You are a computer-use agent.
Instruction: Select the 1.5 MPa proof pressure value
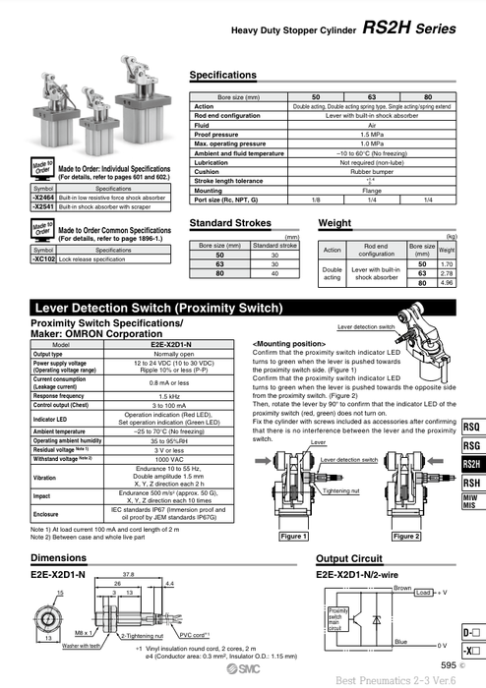371,135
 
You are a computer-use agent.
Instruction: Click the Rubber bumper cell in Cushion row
371,171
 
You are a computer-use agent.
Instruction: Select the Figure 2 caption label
405,537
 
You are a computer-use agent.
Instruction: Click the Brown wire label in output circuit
401,587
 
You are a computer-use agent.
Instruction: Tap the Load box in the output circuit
423,593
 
